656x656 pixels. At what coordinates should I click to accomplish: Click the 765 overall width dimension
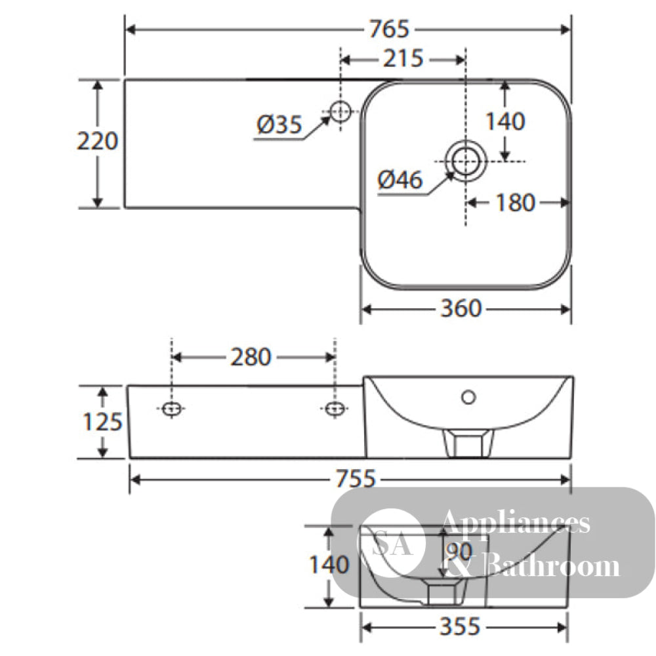tap(389, 30)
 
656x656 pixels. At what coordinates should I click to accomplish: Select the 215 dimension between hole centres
tap(403, 58)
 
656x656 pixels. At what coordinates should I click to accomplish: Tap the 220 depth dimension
tap(98, 141)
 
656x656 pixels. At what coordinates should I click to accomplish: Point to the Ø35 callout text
tap(279, 124)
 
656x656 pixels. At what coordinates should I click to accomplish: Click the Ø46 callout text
tap(400, 180)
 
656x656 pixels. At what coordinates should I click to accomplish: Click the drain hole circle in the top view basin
tap(466, 161)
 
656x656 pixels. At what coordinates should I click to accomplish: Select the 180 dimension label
tap(515, 203)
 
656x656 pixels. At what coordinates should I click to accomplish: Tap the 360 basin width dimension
tap(461, 309)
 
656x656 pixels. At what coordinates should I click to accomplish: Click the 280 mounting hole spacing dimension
tap(251, 358)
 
